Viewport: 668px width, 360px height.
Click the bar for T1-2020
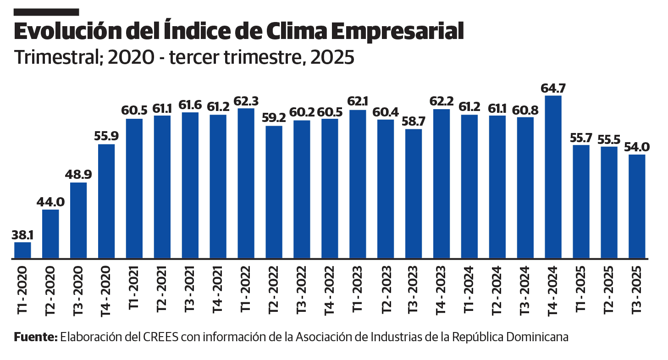pyautogui.click(x=22, y=250)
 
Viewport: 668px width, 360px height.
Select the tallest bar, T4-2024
pyautogui.click(x=553, y=177)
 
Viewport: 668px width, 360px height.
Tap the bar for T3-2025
pyautogui.click(x=637, y=206)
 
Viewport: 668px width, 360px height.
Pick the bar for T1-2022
pyautogui.click(x=246, y=183)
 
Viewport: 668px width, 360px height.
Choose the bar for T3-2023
pyautogui.click(x=414, y=194)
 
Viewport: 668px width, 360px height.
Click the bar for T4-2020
pyautogui.click(x=106, y=201)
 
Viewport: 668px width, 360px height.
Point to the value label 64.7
pyautogui.click(x=553, y=87)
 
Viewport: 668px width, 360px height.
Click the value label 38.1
pyautogui.click(x=22, y=234)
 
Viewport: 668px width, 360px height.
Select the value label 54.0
pyautogui.click(x=637, y=147)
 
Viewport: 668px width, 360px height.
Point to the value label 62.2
pyautogui.click(x=442, y=101)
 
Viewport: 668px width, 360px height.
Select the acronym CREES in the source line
pyautogui.click(x=162, y=337)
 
